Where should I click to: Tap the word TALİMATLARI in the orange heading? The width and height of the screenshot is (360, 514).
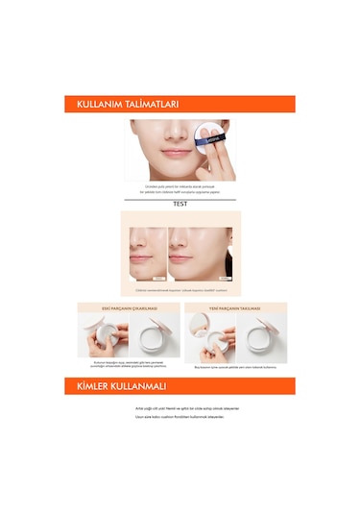(x=150, y=106)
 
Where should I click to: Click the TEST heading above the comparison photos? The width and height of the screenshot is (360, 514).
(x=180, y=204)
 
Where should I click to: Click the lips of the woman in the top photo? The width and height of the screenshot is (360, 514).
(x=177, y=152)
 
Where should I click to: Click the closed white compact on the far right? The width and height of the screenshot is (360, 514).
(x=259, y=338)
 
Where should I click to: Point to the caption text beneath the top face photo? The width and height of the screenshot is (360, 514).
(x=180, y=188)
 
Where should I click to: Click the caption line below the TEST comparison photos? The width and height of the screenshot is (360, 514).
(x=180, y=289)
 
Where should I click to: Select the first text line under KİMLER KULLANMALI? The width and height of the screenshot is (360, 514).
(x=180, y=408)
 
